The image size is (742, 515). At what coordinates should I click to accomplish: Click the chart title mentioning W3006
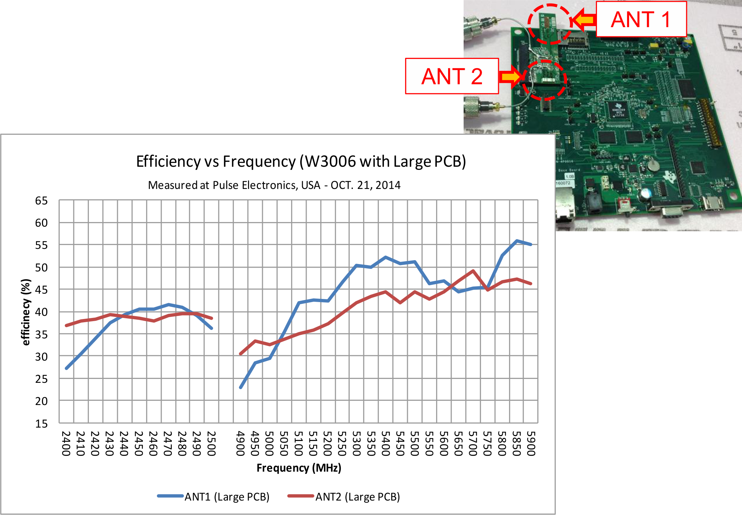coord(301,161)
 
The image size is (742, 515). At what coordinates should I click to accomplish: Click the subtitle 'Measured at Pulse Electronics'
coord(274,185)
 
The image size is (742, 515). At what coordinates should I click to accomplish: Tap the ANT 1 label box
coord(641,19)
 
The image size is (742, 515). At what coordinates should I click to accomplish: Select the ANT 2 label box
coord(452,76)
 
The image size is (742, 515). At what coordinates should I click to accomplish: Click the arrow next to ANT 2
coord(511,76)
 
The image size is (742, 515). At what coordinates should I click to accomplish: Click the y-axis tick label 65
coord(41,201)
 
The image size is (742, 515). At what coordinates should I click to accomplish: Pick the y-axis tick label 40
coord(41,312)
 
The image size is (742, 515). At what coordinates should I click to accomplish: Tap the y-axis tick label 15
coord(41,424)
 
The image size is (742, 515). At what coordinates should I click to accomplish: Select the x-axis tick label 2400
coord(66,443)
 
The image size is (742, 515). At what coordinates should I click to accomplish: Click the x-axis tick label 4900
coord(240,443)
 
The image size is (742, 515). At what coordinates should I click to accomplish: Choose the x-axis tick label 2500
coord(211,443)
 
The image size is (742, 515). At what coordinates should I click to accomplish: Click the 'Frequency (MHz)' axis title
coord(299,468)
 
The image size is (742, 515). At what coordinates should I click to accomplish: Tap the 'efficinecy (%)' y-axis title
coord(26,312)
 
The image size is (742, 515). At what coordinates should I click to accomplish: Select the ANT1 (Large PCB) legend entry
coord(213,496)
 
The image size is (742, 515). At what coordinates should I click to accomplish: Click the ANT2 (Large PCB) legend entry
coord(344,496)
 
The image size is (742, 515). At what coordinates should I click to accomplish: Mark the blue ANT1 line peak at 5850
coord(517,241)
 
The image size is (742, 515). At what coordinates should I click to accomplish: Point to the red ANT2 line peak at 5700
coord(473,271)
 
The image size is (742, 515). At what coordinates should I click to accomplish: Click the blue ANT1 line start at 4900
coord(241,387)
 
